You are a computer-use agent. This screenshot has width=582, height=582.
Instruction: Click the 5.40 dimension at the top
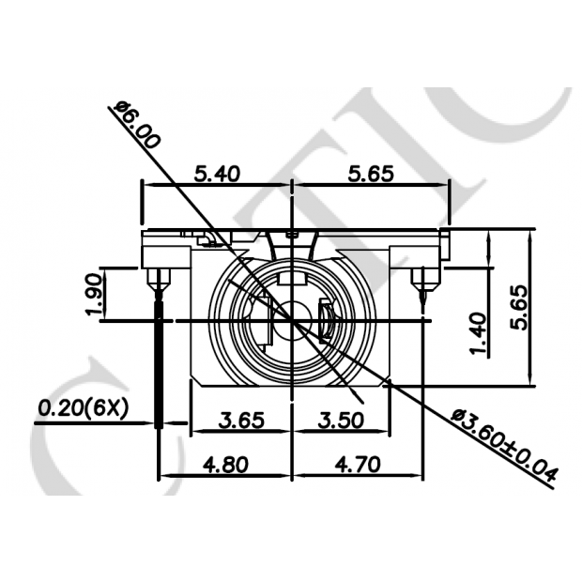(216, 173)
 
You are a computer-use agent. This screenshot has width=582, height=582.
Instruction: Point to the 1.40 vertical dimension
(479, 334)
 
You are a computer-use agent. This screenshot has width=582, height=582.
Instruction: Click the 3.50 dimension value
(340, 420)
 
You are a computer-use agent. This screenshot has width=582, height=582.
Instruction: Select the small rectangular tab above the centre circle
(293, 277)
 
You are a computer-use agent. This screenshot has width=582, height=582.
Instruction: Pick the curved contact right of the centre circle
(325, 321)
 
